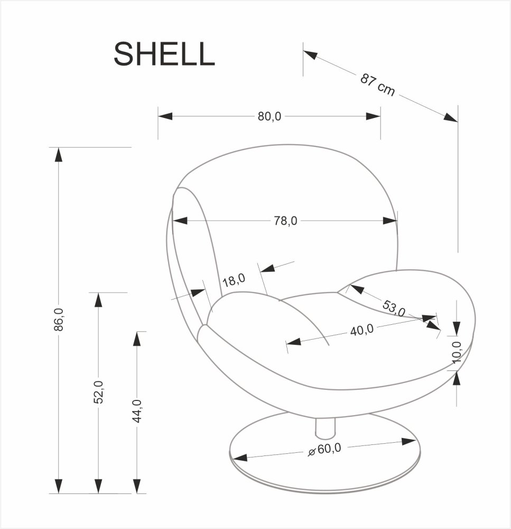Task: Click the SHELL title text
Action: coord(164,54)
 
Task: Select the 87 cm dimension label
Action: coord(378,85)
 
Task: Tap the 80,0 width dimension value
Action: coord(269,116)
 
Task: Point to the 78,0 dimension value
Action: coord(286,221)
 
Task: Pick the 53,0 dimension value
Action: coord(393,308)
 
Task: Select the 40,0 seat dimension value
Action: coord(361,330)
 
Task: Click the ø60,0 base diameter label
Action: coord(324,450)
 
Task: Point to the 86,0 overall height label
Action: coord(59,320)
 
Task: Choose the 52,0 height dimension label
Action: coord(98,392)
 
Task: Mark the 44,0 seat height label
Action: coord(137,411)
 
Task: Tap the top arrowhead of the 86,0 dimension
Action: coord(59,154)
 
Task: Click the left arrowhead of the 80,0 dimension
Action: coord(165,116)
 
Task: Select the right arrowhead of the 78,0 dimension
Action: coord(390,221)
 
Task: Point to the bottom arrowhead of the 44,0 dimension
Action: coord(137,486)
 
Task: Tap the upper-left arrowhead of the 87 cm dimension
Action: coord(310,54)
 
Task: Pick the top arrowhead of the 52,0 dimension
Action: coord(98,300)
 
